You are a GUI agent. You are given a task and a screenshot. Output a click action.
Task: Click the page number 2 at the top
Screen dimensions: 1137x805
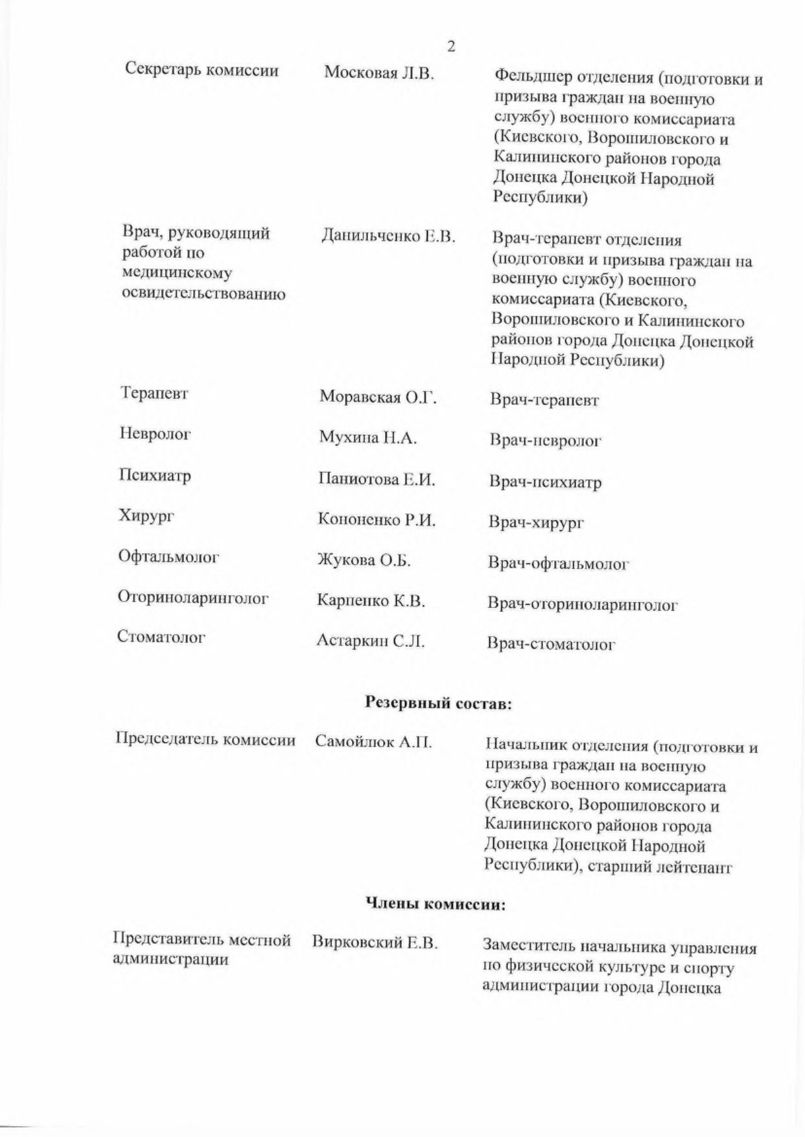coord(451,47)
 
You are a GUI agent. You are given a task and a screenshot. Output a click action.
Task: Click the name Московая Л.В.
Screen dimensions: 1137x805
coord(379,73)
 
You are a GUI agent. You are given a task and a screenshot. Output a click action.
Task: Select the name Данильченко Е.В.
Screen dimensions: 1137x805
coord(388,236)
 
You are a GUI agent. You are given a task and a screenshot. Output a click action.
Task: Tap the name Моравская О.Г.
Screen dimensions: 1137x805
coord(378,397)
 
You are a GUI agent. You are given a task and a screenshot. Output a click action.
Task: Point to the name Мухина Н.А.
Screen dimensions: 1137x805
coord(367,438)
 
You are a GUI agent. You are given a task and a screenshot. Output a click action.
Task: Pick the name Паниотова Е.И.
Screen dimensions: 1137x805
coord(377,480)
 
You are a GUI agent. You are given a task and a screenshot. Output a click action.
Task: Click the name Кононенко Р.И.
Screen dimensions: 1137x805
coord(377,520)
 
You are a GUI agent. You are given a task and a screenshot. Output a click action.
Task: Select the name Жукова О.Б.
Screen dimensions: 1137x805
coord(364,561)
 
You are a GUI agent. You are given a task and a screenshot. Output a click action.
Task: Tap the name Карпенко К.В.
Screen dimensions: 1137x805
coord(371,602)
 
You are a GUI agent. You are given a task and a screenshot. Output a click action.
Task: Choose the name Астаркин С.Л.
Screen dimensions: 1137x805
coord(371,642)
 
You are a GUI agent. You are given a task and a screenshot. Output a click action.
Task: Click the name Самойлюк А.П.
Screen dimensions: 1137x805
coord(373,742)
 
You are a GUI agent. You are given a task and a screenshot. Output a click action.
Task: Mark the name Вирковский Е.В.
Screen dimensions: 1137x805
coord(375,943)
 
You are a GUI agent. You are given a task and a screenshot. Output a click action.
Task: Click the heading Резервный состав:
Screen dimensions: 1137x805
coord(439,703)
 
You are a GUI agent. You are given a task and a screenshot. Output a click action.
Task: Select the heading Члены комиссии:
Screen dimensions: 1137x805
coord(436,904)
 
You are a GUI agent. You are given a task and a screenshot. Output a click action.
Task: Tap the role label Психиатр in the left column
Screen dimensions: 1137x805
coord(155,476)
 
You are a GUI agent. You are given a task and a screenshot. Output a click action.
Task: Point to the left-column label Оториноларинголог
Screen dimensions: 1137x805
coord(192,598)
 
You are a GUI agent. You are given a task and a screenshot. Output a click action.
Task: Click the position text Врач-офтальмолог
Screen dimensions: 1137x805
coord(559,563)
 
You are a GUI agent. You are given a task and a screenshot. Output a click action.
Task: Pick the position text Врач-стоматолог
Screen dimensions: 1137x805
coord(551,644)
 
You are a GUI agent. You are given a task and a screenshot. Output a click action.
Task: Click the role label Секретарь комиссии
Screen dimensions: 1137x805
coord(202,70)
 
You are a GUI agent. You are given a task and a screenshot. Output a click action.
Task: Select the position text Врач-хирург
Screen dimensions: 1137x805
coord(536,522)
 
